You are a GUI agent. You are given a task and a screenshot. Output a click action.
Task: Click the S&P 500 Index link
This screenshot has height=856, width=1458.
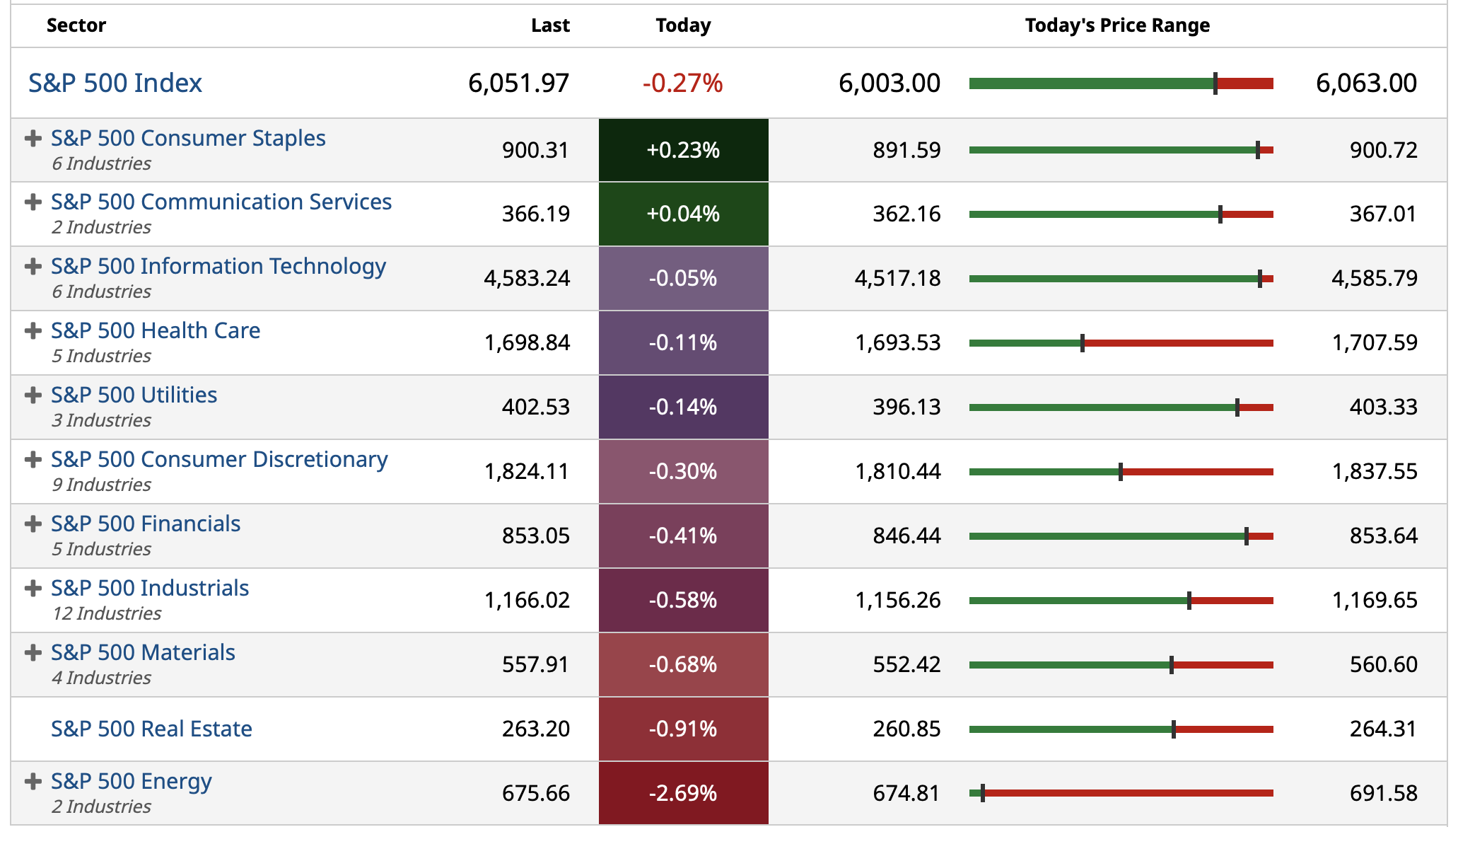pos(115,83)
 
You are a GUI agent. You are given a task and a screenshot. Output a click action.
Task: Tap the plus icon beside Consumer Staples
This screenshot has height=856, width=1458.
pos(33,138)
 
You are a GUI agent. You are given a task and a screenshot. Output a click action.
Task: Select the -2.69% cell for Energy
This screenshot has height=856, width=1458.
pos(683,793)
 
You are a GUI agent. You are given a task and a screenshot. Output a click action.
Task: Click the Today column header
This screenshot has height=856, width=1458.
pos(683,25)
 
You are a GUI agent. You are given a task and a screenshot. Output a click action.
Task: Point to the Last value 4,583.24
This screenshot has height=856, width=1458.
pos(527,278)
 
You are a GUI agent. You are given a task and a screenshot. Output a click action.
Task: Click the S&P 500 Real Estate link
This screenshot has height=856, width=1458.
pos(151,729)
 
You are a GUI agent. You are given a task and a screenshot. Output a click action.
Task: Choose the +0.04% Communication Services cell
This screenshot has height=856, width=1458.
pos(683,214)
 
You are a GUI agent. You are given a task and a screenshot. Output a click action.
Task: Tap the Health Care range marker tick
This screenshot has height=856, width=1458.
pos(1083,343)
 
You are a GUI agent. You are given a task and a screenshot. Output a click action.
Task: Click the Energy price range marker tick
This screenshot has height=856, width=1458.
pos(983,793)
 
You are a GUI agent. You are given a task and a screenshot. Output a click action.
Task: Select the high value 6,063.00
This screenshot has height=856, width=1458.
pos(1366,83)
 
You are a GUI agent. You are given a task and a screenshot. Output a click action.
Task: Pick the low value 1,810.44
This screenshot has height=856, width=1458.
pos(898,471)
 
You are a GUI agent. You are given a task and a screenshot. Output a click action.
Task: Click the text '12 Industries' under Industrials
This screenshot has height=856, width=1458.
pos(107,613)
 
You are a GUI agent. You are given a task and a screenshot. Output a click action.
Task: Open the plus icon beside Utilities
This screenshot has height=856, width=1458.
pos(33,395)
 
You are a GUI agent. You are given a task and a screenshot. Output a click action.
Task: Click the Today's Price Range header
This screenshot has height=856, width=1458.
pos(1117,25)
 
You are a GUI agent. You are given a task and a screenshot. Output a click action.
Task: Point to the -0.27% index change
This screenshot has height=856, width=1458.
pos(682,83)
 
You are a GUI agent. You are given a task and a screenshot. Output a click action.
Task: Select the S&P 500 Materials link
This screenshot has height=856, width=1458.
pos(143,652)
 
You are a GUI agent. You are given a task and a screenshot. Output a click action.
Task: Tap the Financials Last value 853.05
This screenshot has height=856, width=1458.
pos(535,536)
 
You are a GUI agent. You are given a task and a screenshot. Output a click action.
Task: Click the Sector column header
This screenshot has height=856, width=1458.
pos(76,25)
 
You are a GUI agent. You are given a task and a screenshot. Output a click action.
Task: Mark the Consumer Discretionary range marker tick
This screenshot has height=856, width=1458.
pos(1121,472)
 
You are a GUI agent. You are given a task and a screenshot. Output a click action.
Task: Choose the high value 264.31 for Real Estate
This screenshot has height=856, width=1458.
pos(1383,729)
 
